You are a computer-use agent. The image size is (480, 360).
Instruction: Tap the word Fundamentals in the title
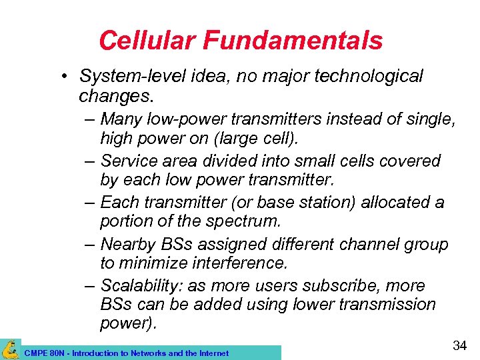tap(293, 41)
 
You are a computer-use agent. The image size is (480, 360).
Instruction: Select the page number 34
tap(459, 345)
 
